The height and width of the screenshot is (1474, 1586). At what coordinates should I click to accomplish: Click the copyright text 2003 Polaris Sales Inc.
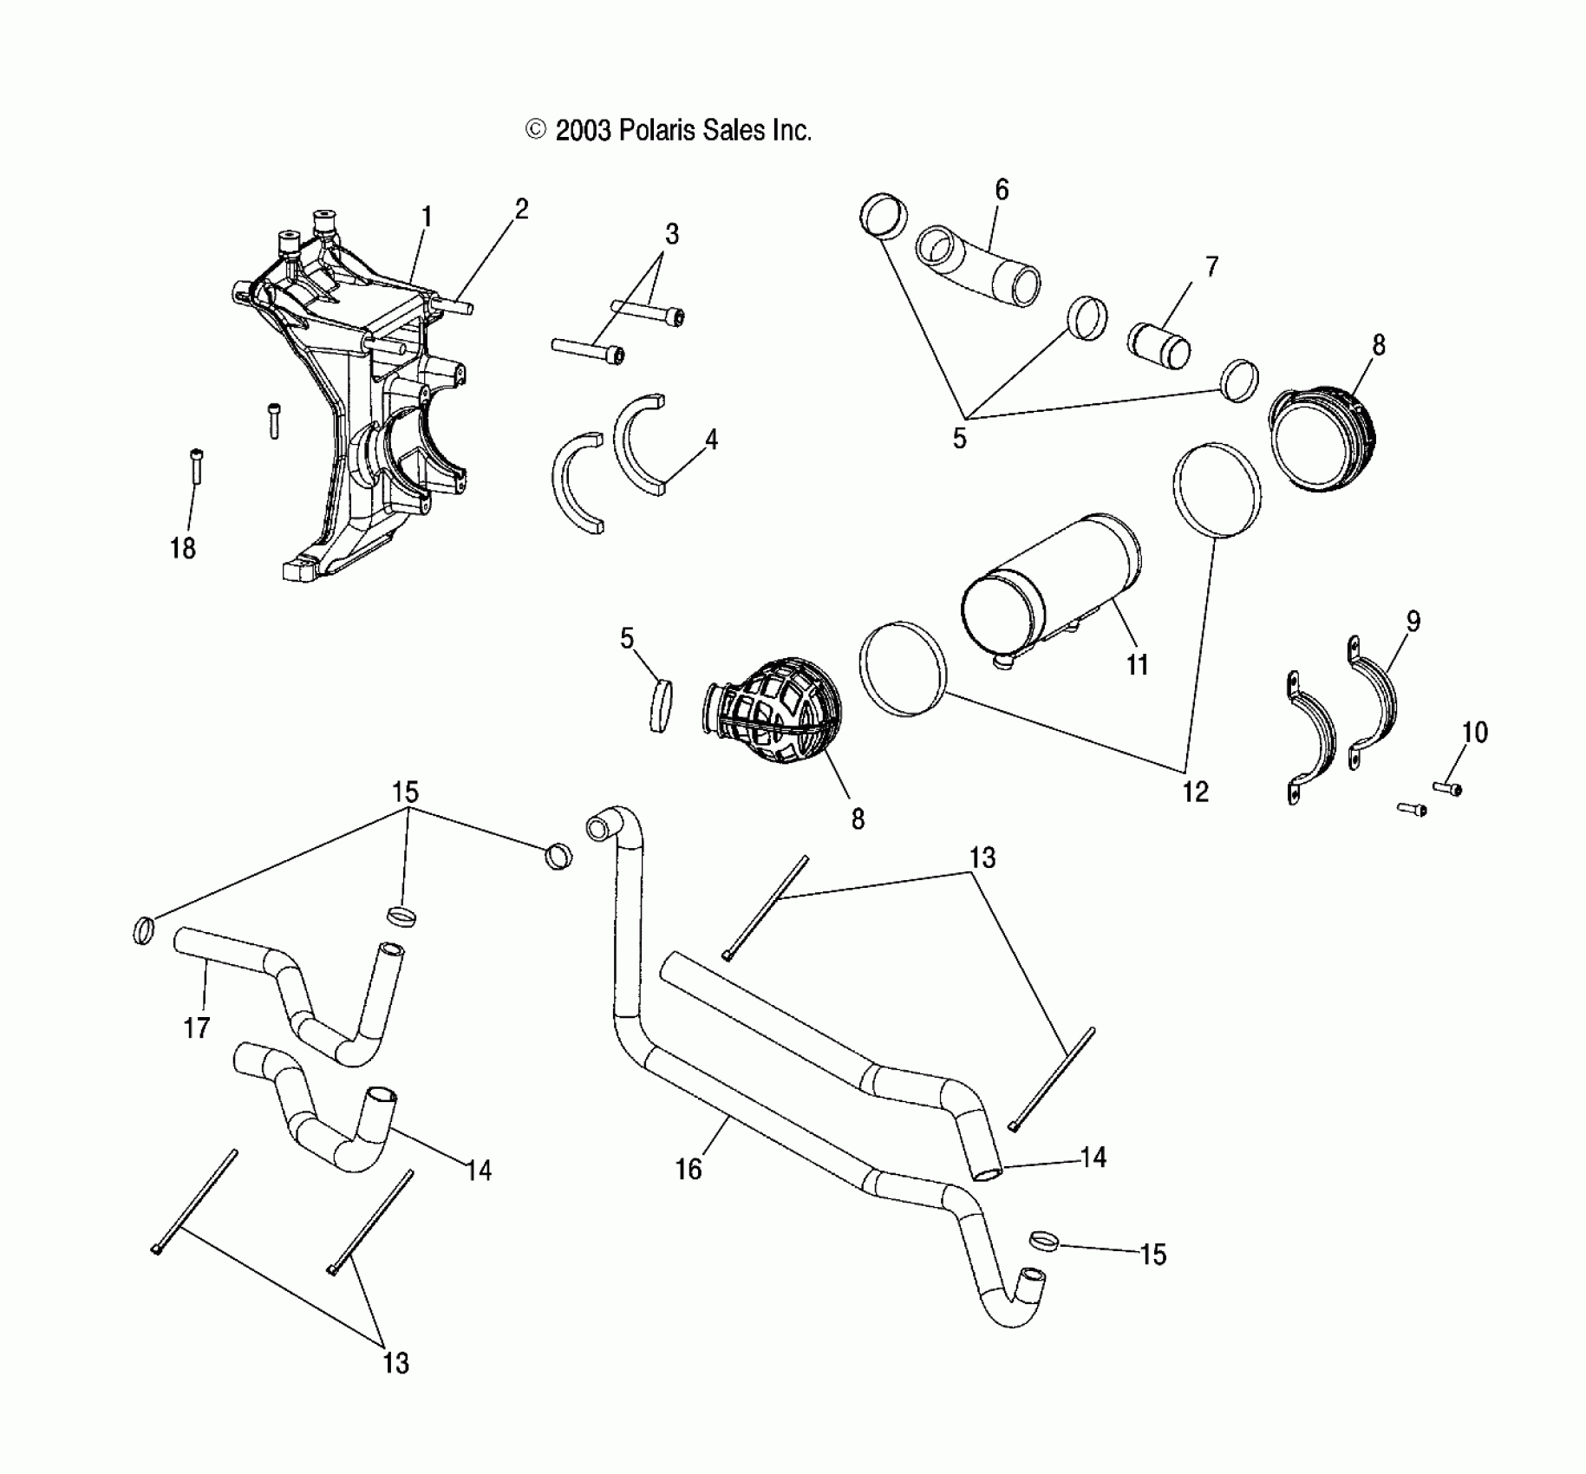[669, 131]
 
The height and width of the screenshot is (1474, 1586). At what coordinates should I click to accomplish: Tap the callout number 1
[427, 217]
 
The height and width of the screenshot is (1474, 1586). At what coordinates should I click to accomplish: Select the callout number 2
[521, 209]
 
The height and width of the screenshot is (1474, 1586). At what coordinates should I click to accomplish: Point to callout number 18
[183, 548]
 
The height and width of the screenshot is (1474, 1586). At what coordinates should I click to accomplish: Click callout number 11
[1137, 665]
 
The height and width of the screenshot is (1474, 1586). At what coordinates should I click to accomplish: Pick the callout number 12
[1195, 791]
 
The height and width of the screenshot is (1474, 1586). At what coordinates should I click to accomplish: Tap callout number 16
[688, 1170]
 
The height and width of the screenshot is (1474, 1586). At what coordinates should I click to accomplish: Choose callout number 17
[197, 1028]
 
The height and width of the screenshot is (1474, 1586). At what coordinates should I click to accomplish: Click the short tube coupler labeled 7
[1158, 344]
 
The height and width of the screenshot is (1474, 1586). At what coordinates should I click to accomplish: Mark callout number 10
[1474, 733]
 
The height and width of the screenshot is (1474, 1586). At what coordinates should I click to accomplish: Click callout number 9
[1413, 621]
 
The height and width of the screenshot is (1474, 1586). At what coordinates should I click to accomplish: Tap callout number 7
[1211, 266]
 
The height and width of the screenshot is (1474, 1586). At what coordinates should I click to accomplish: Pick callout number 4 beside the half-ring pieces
[711, 440]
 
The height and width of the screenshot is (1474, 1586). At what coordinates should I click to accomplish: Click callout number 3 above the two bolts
[671, 234]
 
